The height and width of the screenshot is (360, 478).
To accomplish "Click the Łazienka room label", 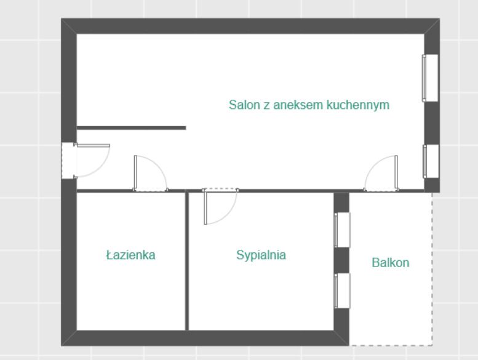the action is coord(130,255).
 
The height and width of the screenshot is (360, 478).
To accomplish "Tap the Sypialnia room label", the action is coord(261,255).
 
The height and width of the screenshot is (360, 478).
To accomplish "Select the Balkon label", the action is coord(391,262).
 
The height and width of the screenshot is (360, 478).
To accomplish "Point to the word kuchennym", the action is coord(358,105).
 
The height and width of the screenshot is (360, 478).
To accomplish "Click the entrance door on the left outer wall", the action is coord(86,161).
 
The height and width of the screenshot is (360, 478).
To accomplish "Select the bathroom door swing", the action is coord(151,174).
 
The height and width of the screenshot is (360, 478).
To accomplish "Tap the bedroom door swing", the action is coord(220,206).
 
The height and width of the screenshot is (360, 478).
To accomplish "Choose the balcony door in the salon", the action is coord(381,174).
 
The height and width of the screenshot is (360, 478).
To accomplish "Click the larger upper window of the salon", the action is coord(430,78).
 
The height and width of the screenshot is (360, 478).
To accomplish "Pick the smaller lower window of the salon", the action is coord(431,161).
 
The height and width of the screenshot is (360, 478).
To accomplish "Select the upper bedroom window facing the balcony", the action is coord(342,230).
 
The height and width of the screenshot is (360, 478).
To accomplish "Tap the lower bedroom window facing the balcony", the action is coord(342,291).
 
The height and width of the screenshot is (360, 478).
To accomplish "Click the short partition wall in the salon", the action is coord(132,128).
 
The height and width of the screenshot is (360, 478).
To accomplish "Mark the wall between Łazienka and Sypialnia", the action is coord(187,262).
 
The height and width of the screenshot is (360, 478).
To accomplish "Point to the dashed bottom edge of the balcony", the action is coord(391,345).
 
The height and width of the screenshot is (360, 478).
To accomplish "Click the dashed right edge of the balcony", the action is coord(432,269).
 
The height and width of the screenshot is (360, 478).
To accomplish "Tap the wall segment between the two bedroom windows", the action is coord(341,260).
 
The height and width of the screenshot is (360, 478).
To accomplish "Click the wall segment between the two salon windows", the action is coord(432,123).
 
